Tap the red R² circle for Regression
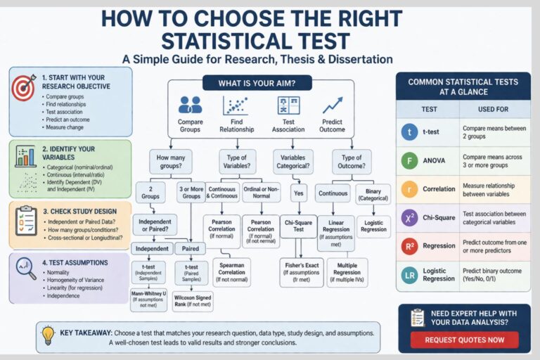coord(409,247)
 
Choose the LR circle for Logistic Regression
coord(409,275)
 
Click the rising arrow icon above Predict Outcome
coord(333,105)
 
